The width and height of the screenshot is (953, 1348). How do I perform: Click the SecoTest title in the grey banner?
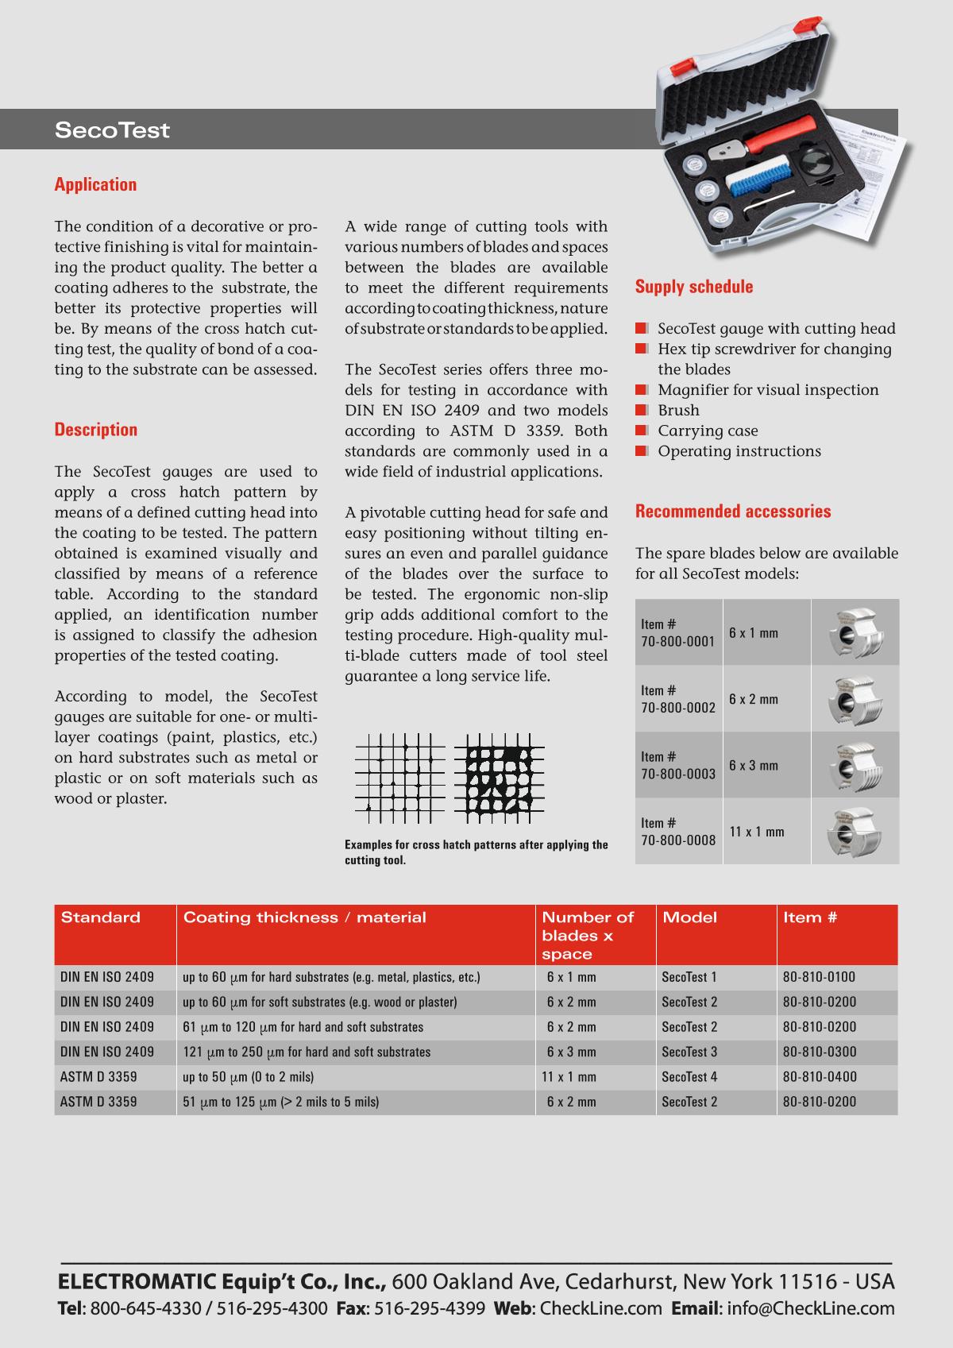[112, 130]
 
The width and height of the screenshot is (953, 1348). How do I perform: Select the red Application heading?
[95, 185]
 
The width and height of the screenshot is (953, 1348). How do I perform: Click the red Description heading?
[95, 430]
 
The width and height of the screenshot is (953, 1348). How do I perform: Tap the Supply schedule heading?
[693, 287]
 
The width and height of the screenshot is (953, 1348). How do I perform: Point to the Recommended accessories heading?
[732, 512]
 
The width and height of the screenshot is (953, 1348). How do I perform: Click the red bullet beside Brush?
[642, 410]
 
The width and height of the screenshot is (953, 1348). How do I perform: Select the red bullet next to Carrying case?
[642, 431]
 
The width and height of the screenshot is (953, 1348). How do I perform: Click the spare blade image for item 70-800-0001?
[855, 633]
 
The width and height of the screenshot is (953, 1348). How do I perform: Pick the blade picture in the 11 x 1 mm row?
[855, 831]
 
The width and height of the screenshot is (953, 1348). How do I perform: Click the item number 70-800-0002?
[678, 707]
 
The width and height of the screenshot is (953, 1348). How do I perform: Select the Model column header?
[689, 917]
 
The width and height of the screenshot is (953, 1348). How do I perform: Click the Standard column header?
[100, 917]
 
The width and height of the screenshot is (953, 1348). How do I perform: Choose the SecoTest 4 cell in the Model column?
[689, 1077]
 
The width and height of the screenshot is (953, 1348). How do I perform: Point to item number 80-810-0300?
[819, 1052]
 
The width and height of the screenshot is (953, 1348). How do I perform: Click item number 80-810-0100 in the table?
[819, 977]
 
